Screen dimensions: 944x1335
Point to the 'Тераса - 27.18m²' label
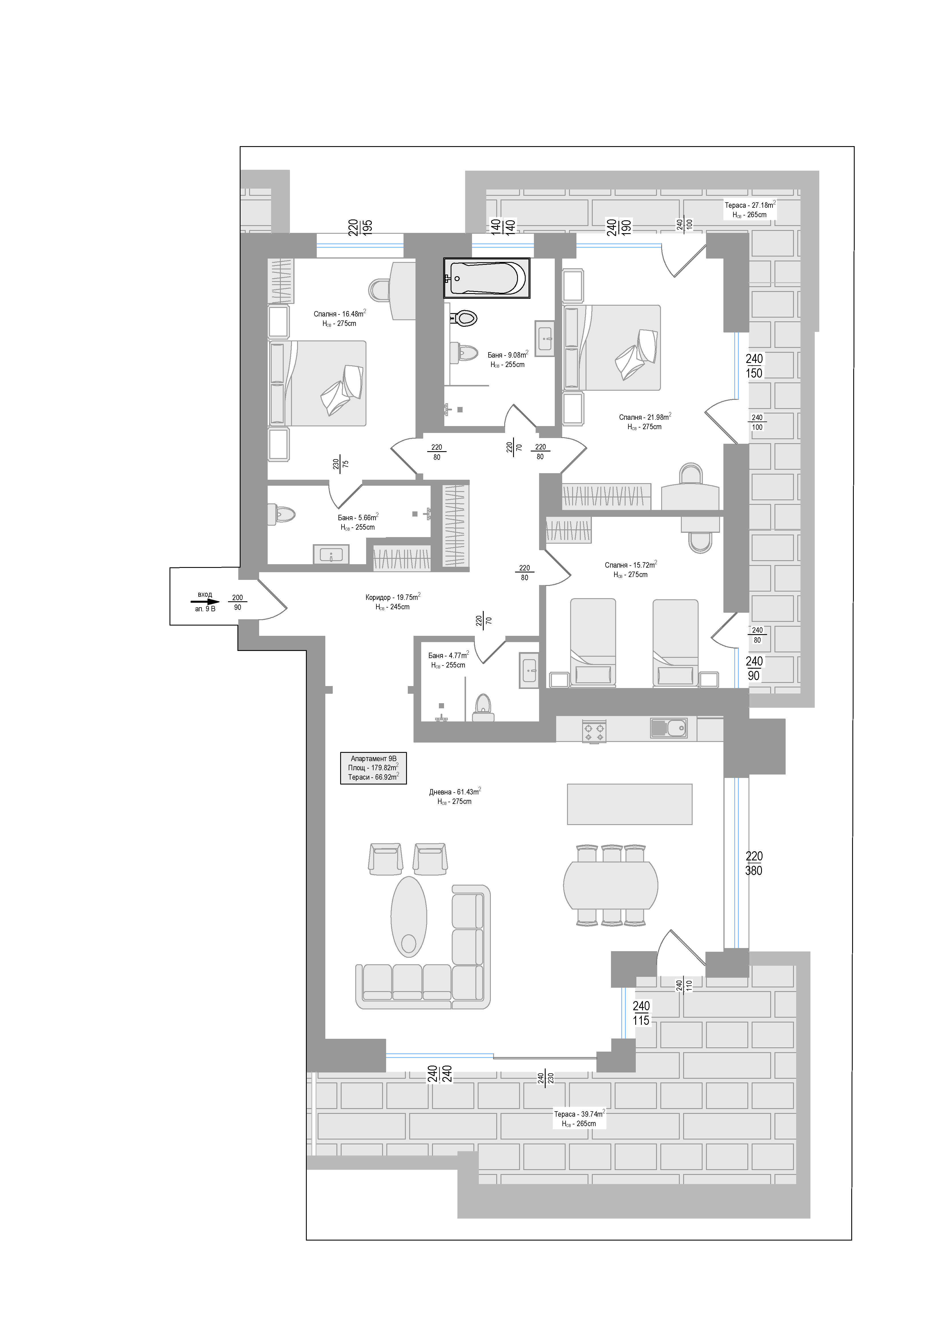(x=750, y=205)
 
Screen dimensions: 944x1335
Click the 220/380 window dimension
(x=754, y=864)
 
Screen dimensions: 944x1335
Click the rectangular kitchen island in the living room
(x=630, y=804)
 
